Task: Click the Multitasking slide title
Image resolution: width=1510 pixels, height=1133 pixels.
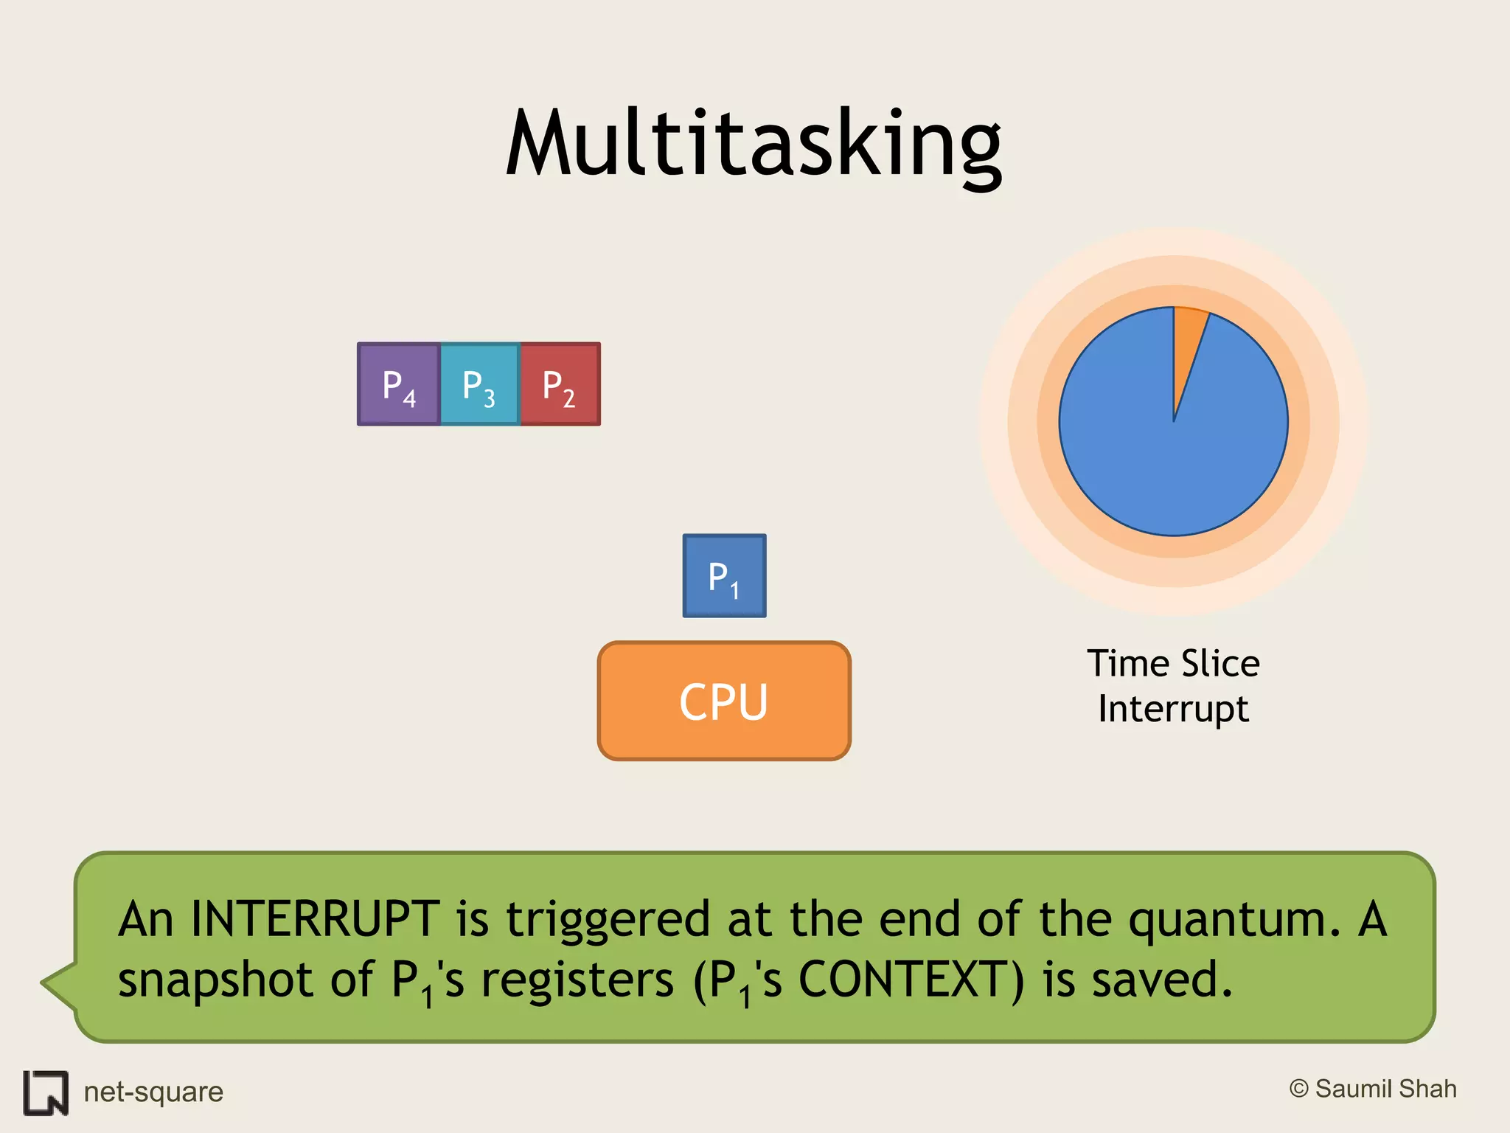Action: [754, 143]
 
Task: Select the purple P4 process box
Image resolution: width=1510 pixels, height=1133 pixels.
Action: [399, 384]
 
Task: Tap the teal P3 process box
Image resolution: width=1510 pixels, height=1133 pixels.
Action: [480, 384]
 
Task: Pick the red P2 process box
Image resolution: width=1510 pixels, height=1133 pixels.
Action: [560, 384]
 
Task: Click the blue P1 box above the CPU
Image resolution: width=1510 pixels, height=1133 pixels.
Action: [724, 576]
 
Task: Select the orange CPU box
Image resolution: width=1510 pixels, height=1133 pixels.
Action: [724, 701]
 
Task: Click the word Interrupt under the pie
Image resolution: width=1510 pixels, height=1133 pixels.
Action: [1173, 709]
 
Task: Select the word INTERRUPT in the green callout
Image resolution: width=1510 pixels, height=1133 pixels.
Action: [316, 920]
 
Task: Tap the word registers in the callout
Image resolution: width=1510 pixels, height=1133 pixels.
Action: [577, 980]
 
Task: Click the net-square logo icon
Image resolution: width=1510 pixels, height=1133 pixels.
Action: [46, 1092]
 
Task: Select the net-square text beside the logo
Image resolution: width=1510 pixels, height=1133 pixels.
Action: [153, 1092]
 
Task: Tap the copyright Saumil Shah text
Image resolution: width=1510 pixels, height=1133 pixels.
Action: [1373, 1089]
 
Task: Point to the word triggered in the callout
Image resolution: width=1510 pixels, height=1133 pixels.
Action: [608, 920]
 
